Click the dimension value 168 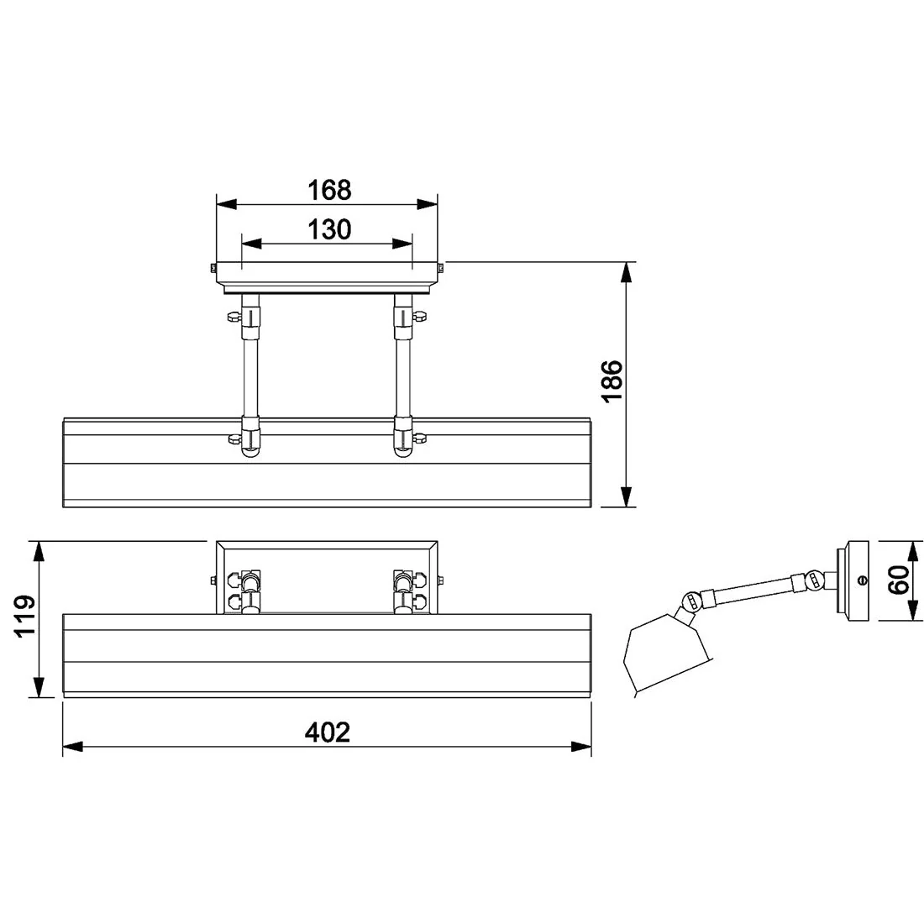(x=329, y=190)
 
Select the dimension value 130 (x=329, y=229)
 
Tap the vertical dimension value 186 (x=612, y=381)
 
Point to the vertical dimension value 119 (x=26, y=617)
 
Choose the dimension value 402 (x=327, y=732)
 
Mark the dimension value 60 (x=899, y=580)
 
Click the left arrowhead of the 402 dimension (x=72, y=747)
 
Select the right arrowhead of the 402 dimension (x=581, y=747)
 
